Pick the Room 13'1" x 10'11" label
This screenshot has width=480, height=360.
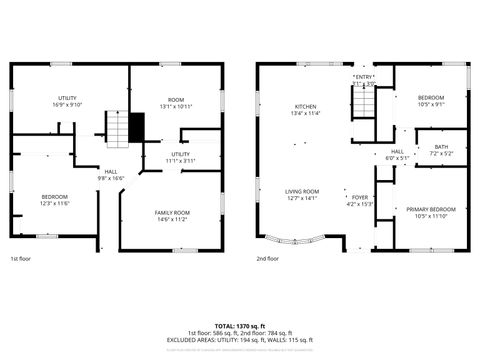tap(176, 101)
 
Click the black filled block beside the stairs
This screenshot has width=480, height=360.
tap(138, 126)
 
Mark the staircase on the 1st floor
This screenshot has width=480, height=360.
tap(119, 127)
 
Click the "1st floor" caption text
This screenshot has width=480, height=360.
tap(22, 258)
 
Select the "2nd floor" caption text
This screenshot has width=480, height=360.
tap(266, 258)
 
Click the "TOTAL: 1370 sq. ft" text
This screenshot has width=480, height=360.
tap(240, 326)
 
